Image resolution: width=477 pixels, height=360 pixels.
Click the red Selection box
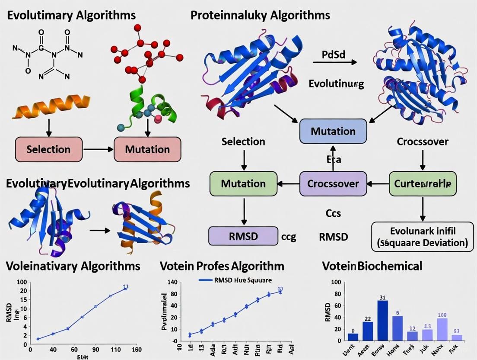point(48,150)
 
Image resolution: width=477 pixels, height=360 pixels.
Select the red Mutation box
point(147,150)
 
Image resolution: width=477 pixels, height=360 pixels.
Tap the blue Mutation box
point(333,131)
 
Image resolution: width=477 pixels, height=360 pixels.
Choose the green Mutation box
point(243,183)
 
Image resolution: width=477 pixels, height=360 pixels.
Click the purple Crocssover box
point(333,183)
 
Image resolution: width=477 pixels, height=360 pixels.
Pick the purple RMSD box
point(243,236)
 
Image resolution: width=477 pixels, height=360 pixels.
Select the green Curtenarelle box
point(423,183)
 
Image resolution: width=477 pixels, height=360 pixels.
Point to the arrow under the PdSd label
point(335,62)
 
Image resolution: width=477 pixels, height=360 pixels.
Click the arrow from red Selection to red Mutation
point(98,150)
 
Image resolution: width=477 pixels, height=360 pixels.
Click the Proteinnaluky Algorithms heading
point(260,16)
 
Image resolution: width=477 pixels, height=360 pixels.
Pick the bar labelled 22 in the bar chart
point(368,331)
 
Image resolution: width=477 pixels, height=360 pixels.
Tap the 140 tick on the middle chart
point(172,283)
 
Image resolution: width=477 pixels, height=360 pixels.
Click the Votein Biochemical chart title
point(372,266)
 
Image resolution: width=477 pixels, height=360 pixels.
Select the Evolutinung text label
point(336,84)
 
